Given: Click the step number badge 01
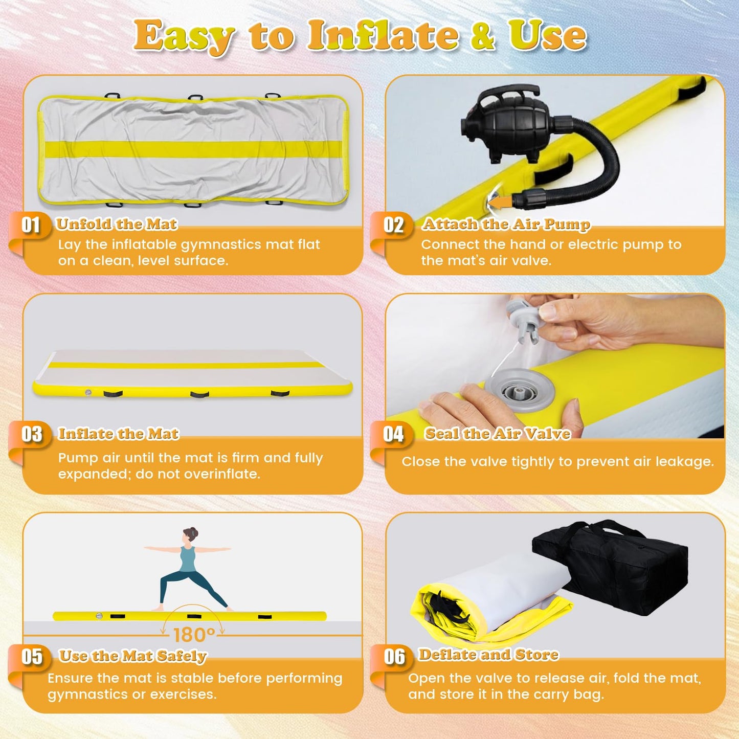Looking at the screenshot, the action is point(31,225).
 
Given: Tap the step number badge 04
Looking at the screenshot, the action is point(393,434).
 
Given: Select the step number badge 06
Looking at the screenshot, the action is point(394,657).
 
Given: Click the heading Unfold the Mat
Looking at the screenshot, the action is point(117,224).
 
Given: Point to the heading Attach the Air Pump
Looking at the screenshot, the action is point(506,224).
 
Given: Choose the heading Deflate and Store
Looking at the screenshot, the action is point(488,654).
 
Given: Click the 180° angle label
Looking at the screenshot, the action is point(194,636).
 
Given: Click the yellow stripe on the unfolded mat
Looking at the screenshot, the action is point(192,149).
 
